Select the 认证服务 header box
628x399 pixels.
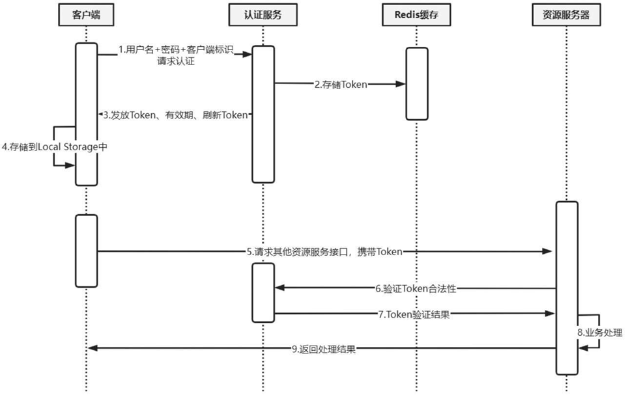[x=262, y=14]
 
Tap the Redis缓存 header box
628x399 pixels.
[x=417, y=14]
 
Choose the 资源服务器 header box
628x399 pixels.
[x=566, y=14]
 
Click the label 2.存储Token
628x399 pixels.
[x=341, y=84]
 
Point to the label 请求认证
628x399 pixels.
[x=176, y=62]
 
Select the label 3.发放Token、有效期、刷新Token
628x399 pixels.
[x=175, y=115]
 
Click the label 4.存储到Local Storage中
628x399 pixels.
[x=54, y=147]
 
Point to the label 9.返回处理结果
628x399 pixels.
[x=323, y=349]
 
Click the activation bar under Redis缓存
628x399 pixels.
[x=418, y=83]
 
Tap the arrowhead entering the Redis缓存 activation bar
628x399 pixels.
[x=401, y=84]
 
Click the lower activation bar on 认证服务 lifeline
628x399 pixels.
[x=263, y=292]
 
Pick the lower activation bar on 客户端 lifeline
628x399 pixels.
[x=86, y=250]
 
